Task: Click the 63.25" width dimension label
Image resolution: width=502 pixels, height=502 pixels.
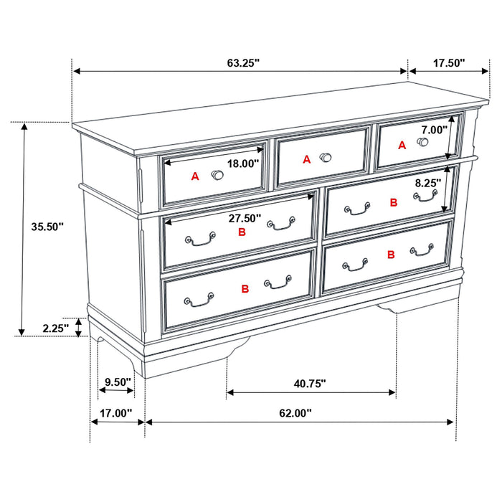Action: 243,63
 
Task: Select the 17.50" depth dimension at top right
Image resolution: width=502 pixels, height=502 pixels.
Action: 449,63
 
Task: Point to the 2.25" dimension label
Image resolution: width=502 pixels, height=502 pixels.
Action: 55,328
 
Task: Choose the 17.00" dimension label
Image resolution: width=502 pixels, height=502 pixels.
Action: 116,413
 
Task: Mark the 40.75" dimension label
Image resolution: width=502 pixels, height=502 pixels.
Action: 309,383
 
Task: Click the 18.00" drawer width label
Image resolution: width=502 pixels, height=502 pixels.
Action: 242,164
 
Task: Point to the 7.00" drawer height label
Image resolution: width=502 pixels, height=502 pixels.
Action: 434,130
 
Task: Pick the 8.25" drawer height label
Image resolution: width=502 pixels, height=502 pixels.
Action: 428,183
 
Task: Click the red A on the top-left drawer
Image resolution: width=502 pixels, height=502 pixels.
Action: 194,176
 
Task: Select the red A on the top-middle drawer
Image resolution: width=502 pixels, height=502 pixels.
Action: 307,160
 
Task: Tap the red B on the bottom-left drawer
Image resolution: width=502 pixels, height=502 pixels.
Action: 245,288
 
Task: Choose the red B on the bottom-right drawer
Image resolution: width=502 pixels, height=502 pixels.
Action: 391,255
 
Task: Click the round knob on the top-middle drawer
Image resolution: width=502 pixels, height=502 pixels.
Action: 326,157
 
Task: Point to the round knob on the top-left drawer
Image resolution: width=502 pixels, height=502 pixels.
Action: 217,174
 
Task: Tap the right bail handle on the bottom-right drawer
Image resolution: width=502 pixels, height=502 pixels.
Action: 422,250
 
